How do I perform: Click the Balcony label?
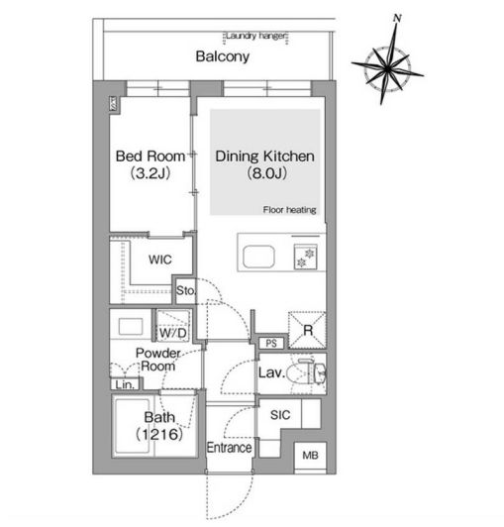[x=223, y=56]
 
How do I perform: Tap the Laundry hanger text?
[x=256, y=36]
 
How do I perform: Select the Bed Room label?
[x=151, y=157]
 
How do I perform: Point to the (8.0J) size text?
[x=266, y=173]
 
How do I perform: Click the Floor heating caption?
[x=290, y=210]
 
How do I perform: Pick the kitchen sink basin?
[x=258, y=257]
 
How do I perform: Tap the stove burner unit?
[x=305, y=258]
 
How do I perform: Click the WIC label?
[x=160, y=260]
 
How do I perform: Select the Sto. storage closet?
[x=185, y=290]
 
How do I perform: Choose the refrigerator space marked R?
[x=307, y=330]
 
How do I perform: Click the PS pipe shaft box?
[x=271, y=343]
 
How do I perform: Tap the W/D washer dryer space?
[x=173, y=326]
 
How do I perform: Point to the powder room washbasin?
[x=131, y=326]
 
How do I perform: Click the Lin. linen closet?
[x=125, y=383]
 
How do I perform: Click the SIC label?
[x=280, y=415]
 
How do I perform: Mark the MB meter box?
[x=310, y=456]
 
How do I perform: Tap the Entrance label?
[x=229, y=448]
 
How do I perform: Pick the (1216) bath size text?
[x=159, y=434]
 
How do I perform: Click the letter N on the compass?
[x=397, y=18]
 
